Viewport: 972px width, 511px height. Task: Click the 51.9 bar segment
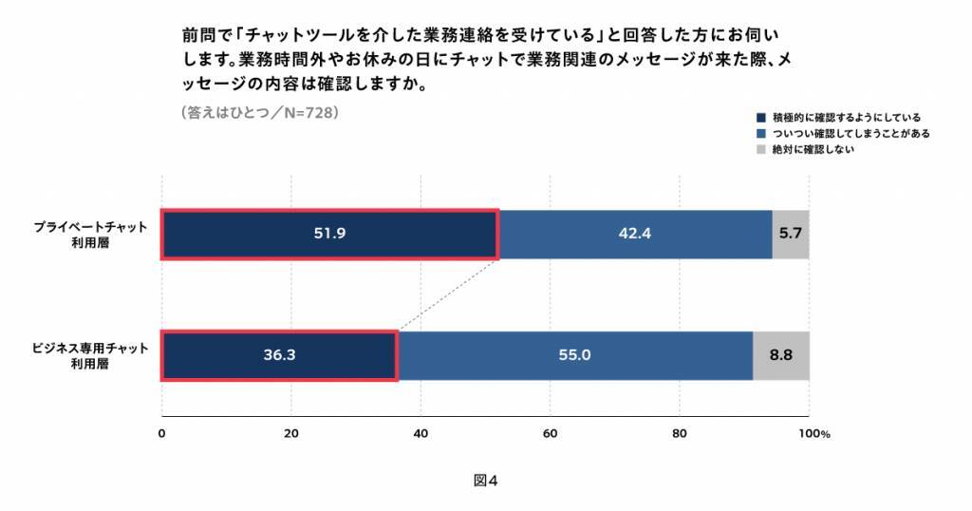pos(329,234)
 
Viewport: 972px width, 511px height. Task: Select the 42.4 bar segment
pos(635,234)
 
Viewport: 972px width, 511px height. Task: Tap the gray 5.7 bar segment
pos(791,234)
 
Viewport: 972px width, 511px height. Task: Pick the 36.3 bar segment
pos(279,355)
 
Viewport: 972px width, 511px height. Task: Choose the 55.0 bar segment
pos(574,355)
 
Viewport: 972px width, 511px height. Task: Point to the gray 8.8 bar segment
pos(780,355)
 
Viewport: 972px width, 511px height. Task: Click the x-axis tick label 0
pos(162,433)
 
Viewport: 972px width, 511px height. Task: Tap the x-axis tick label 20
pos(291,433)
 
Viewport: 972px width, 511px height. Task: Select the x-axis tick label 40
pos(421,433)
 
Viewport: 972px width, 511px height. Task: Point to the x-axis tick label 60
pos(550,433)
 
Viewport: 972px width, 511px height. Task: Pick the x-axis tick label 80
pos(680,433)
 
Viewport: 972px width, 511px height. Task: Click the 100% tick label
pos(813,433)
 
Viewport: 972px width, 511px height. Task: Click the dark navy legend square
pos(760,118)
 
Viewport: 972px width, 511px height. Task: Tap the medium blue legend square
pos(760,134)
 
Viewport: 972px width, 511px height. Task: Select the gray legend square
pos(760,150)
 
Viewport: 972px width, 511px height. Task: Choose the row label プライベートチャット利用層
pos(91,235)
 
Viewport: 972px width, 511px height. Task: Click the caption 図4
pos(485,480)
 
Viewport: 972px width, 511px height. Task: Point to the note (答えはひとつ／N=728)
pos(258,112)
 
